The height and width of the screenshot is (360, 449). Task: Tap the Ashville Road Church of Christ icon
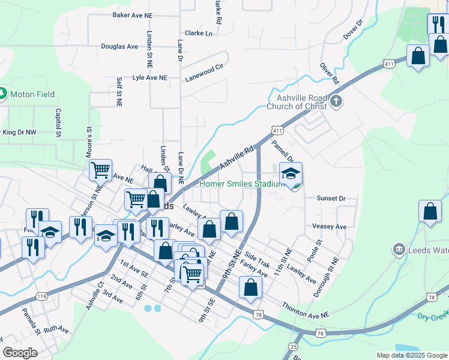(x=336, y=101)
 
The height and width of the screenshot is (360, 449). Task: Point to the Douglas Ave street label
(x=119, y=46)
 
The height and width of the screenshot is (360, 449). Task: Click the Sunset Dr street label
(x=331, y=198)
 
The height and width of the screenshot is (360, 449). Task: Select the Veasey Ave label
(x=330, y=227)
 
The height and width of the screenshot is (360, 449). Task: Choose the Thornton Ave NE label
(x=306, y=310)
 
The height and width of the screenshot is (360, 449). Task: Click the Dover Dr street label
(x=354, y=30)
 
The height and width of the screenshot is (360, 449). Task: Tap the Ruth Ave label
(x=57, y=329)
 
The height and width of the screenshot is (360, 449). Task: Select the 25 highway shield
(x=293, y=347)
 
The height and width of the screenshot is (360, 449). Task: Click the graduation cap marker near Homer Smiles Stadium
(x=291, y=174)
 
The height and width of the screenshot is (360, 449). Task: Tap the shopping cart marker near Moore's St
(x=101, y=170)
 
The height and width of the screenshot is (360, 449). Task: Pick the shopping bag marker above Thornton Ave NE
(x=251, y=287)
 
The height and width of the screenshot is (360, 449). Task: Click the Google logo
(x=20, y=353)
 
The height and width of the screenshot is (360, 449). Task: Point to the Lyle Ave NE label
(x=150, y=78)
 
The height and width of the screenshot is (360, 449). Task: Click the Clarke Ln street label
(x=199, y=34)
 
